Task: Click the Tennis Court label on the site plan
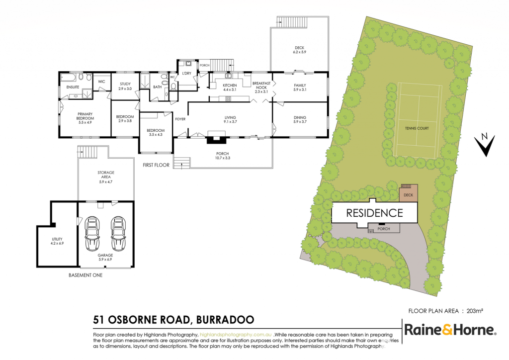[417, 128]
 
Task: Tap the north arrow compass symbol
[485, 145]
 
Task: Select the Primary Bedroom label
[85, 116]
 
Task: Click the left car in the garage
[92, 233]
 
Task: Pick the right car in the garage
[118, 233]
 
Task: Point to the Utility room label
[57, 239]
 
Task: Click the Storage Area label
[106, 175]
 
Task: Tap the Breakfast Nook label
[261, 86]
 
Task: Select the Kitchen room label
[230, 85]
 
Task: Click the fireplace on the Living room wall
[217, 137]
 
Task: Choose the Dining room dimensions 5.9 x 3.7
[300, 122]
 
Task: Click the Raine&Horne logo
[450, 330]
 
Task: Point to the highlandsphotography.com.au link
[235, 335]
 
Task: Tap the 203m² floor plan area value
[475, 311]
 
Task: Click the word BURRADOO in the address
[225, 320]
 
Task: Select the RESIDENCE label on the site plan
[375, 213]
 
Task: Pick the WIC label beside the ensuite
[101, 82]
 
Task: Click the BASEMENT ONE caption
[85, 275]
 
